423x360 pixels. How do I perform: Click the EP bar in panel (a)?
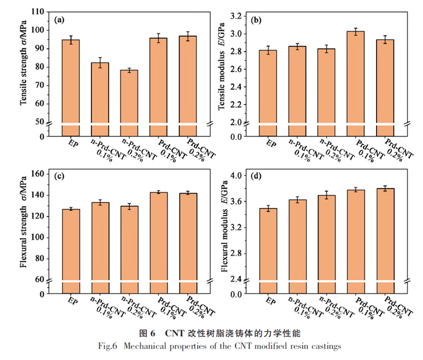(x=70, y=82)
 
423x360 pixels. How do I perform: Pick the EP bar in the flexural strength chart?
(x=70, y=244)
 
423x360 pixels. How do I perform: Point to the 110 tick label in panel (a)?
(x=38, y=12)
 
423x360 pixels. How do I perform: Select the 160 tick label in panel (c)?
(x=38, y=174)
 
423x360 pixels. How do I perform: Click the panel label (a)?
(x=59, y=20)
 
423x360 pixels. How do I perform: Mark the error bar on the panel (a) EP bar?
(x=70, y=40)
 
